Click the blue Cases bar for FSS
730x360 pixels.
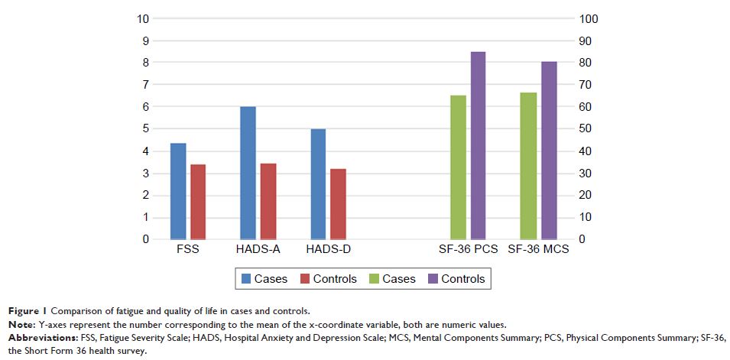tap(178, 191)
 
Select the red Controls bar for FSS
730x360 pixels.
tap(197, 202)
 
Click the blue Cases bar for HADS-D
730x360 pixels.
tap(318, 184)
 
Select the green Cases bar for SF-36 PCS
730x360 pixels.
tap(458, 167)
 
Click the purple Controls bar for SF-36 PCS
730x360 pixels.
tap(478, 145)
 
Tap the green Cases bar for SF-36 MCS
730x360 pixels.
tap(527, 166)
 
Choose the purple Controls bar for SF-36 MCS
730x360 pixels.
tap(548, 150)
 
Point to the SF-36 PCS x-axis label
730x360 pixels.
tap(468, 249)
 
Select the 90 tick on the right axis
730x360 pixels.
tap(585, 41)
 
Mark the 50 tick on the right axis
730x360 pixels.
tap(585, 129)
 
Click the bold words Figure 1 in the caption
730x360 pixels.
tap(30, 310)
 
